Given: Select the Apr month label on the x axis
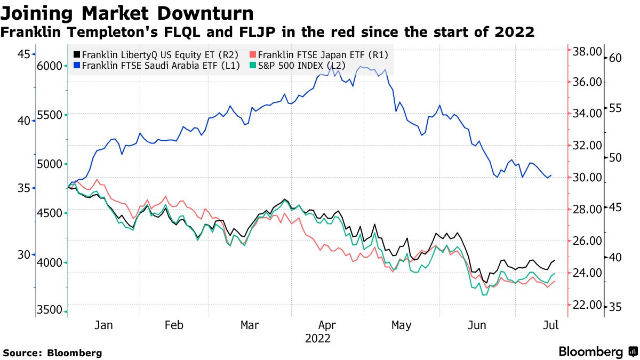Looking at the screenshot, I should [x=326, y=325].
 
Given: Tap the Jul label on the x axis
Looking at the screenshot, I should [x=550, y=325].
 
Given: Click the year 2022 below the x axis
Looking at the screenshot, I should [x=318, y=339].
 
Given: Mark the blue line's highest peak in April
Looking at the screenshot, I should [x=331, y=65].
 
